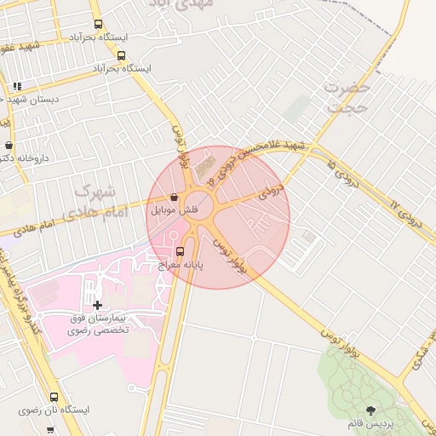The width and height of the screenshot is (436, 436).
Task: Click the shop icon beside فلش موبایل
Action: (x=174, y=197)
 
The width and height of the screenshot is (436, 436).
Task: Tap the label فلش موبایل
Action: (x=174, y=209)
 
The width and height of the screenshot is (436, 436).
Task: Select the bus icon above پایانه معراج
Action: (x=179, y=251)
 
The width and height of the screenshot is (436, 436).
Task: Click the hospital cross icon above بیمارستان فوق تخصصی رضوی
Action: (x=97, y=304)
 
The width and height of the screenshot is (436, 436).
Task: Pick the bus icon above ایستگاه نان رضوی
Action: (x=54, y=397)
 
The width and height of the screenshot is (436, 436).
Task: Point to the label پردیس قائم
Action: (x=370, y=423)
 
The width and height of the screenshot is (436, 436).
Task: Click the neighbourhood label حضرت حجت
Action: (x=347, y=97)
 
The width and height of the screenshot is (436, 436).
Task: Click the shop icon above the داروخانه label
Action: (x=8, y=146)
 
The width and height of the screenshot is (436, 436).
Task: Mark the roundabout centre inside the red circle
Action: (x=208, y=217)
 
